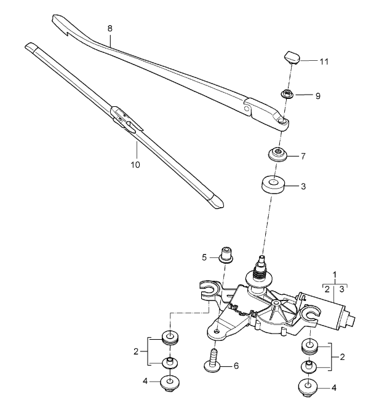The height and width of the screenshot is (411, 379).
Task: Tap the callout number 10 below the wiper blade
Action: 135,164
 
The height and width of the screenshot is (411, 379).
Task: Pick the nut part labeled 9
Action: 287,94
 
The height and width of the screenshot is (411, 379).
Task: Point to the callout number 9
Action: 318,96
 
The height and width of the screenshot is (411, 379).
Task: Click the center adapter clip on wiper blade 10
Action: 124,119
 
